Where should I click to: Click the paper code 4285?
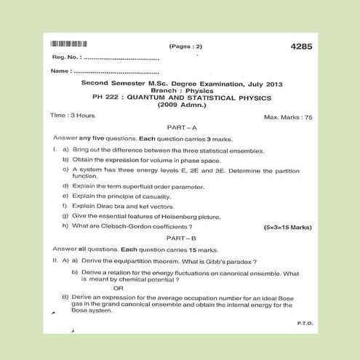pyautogui.click(x=300, y=47)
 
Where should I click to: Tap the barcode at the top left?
pyautogui.click(x=69, y=46)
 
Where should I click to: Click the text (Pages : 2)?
pyautogui.click(x=186, y=47)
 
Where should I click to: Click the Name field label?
pyautogui.click(x=61, y=71)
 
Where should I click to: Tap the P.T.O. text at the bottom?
pyautogui.click(x=305, y=322)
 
